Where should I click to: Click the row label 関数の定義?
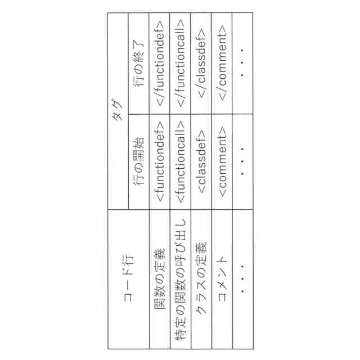click(160, 279)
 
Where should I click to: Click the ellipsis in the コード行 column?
click(242, 279)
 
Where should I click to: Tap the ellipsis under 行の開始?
click(242, 161)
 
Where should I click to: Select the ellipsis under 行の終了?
click(242, 65)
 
